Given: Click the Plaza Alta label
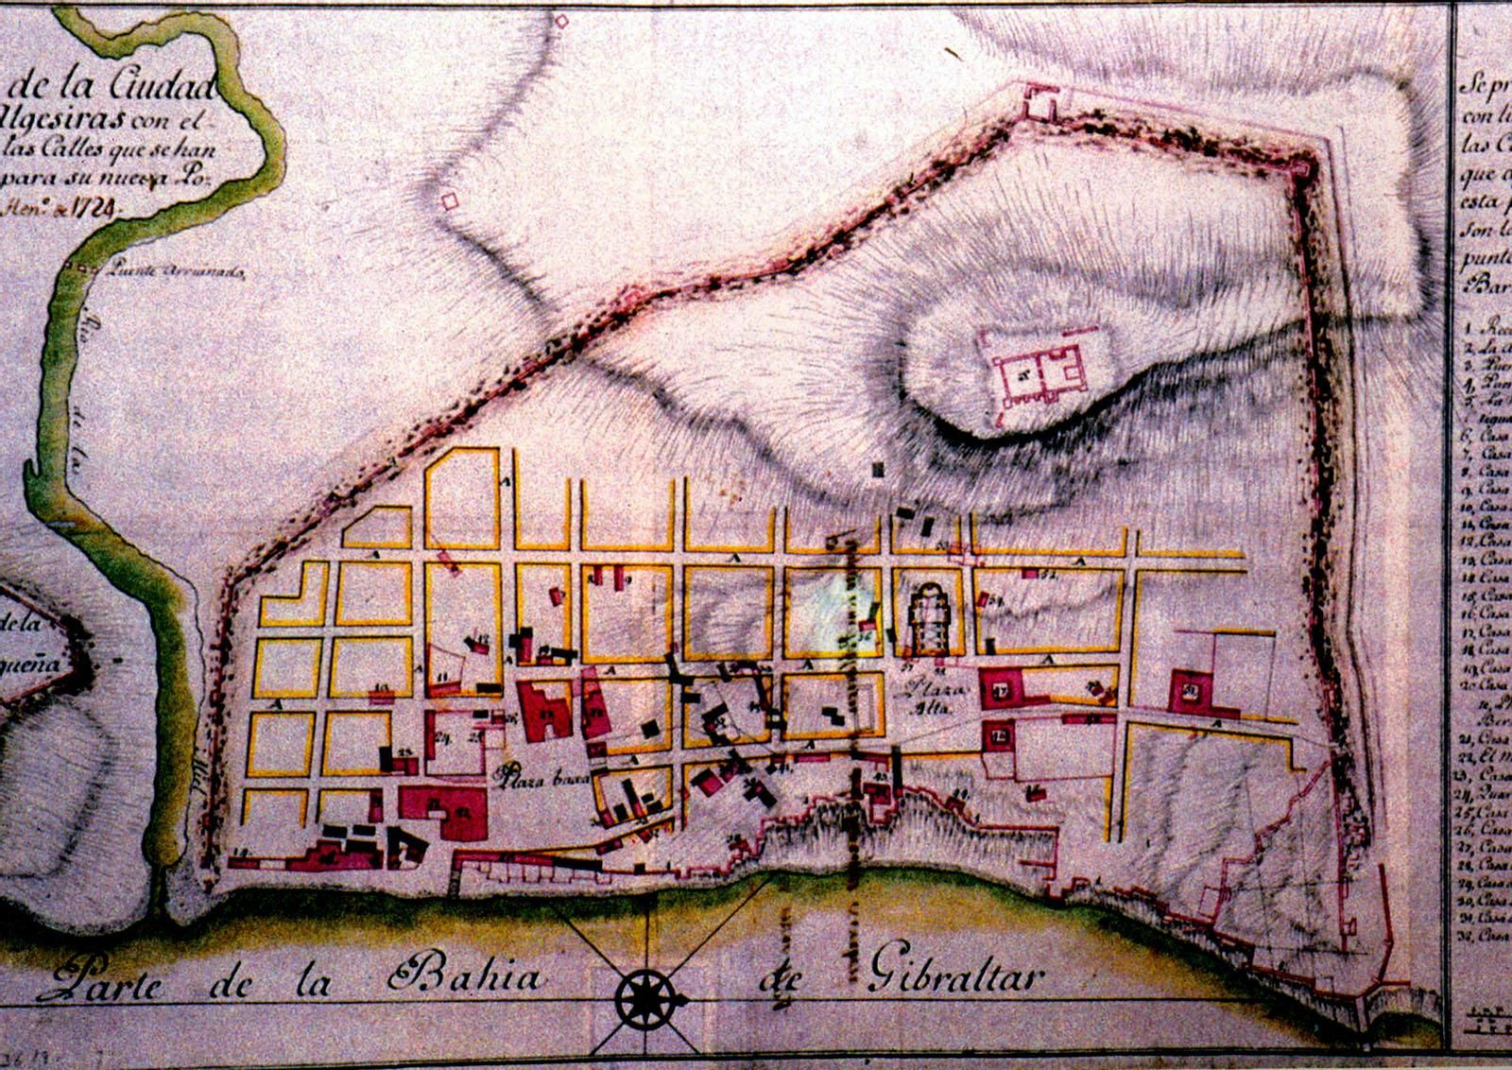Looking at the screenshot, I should (x=930, y=697).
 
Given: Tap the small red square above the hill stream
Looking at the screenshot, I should (x=450, y=200).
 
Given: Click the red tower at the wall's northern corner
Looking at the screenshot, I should (x=1039, y=101).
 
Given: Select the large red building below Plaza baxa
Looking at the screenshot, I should (x=442, y=811).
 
